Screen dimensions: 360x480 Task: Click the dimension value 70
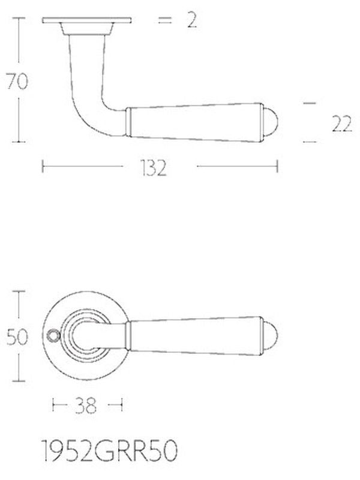pos(17,81)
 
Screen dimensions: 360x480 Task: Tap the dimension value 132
pos(154,168)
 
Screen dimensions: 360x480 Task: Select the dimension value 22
pos(342,124)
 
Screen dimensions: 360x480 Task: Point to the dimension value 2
pos(192,20)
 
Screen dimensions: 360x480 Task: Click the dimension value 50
pos(17,337)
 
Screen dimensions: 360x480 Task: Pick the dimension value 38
pos(86,406)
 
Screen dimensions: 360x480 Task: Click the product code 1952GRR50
pos(109,451)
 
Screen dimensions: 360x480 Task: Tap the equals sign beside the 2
pos(164,20)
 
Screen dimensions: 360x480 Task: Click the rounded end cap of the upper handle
pos(271,123)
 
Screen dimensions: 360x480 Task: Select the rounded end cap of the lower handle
pos(271,337)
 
